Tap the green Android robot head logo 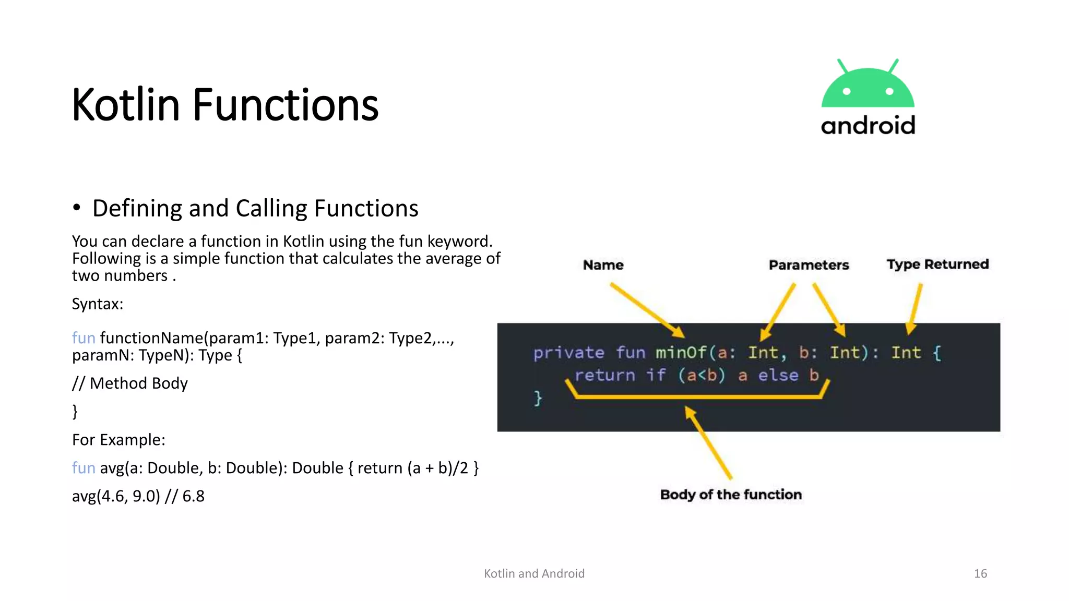[868, 86]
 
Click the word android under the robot [868, 126]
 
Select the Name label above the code [603, 265]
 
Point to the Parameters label [809, 265]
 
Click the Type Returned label [937, 265]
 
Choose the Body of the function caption [731, 495]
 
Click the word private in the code [568, 353]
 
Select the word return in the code [605, 376]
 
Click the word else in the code [778, 376]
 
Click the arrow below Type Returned [914, 309]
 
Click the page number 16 [980, 574]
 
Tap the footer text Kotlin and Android [534, 574]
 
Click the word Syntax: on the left [98, 304]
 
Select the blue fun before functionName [84, 338]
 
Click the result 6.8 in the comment [193, 496]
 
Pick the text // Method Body [130, 383]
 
